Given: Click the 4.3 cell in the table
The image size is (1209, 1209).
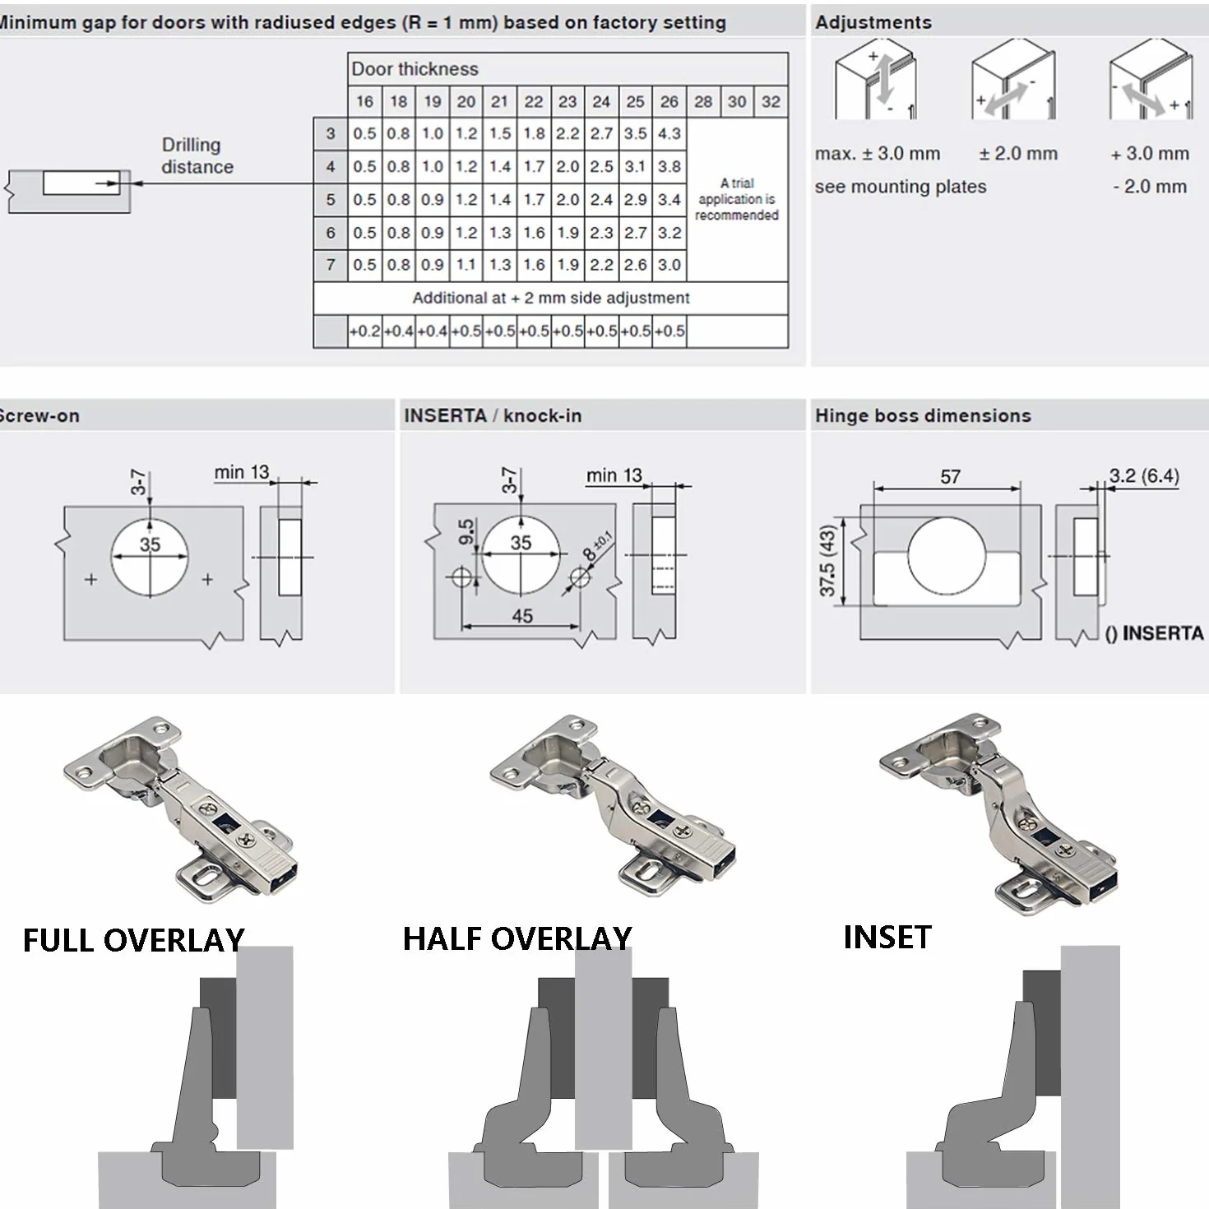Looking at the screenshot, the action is (x=669, y=133).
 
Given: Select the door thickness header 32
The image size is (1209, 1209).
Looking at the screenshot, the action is (x=771, y=102).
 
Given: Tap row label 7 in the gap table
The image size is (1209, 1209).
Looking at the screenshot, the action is (x=331, y=265).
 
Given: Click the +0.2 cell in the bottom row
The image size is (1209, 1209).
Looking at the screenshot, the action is (x=364, y=331).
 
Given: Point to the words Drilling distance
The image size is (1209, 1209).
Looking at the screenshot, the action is (x=197, y=155).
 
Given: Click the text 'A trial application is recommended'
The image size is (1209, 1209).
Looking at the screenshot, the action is (x=737, y=199).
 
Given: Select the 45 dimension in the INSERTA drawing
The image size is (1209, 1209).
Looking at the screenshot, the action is (x=522, y=616).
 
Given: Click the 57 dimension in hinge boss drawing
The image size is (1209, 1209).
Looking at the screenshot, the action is (x=950, y=477).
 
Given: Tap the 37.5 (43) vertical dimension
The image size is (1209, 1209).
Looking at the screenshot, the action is (x=827, y=560).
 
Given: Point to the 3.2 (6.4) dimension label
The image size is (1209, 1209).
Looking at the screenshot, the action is (x=1144, y=475).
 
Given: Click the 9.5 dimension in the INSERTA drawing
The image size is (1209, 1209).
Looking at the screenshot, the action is (x=466, y=532).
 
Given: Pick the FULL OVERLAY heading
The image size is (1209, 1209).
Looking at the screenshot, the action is (x=133, y=941).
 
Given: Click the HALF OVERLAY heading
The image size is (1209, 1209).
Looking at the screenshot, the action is (x=517, y=938).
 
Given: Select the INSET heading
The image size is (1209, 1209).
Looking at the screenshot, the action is (x=887, y=938).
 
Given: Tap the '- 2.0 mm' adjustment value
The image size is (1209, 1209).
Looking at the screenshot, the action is (x=1150, y=187).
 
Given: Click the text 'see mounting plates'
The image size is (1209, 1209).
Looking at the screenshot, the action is (x=901, y=187).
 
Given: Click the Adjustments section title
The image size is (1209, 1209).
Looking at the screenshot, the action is (x=873, y=22).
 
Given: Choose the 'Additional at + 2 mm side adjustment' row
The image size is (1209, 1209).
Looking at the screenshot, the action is (x=551, y=298).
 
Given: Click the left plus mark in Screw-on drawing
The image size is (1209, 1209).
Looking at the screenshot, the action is (x=91, y=579).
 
